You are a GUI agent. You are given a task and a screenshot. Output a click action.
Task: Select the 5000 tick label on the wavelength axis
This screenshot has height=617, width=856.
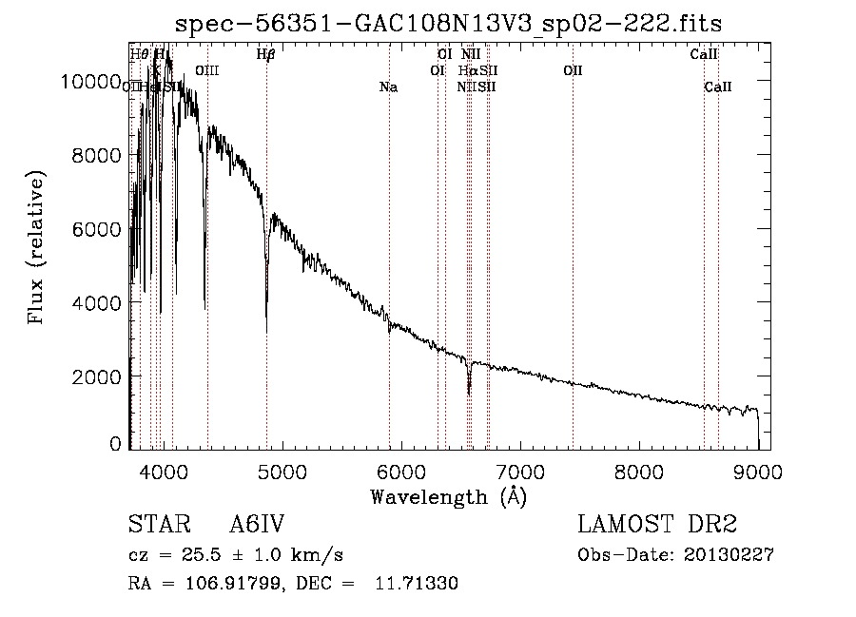pos(282,471)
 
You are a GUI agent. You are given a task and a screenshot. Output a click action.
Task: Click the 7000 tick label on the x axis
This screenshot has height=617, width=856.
pos(520,471)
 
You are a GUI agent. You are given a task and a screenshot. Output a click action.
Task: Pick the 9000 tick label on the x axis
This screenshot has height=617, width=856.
pos(758,471)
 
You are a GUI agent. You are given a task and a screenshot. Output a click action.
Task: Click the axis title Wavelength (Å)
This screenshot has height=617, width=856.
pos(448,495)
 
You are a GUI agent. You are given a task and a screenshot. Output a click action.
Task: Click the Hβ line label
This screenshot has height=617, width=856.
pos(265,54)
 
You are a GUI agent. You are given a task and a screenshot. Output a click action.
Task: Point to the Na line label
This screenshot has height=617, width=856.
pos(388,87)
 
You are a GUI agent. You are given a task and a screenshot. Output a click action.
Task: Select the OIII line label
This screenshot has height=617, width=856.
pos(207,70)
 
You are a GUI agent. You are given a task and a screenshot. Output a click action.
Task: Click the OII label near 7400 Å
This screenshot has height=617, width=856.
pos(573,70)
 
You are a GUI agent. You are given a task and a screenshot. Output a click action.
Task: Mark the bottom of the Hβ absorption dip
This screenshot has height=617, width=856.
pos(266,331)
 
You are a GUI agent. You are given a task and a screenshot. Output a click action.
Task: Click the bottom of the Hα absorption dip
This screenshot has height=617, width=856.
pos(469,393)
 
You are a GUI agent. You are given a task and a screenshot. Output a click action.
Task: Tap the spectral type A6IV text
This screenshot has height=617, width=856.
pos(257,525)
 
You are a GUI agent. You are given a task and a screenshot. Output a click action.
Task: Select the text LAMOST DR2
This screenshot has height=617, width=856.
pos(656,525)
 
